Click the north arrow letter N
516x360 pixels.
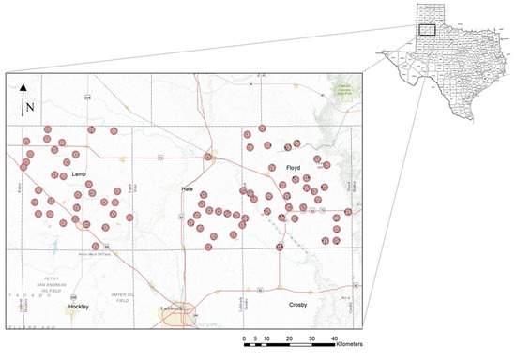[x=30, y=106]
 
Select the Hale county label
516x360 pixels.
[x=188, y=190]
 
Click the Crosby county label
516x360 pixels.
[x=298, y=306]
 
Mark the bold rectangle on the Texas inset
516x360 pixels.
[x=426, y=28]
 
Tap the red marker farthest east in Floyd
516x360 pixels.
[x=347, y=211]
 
